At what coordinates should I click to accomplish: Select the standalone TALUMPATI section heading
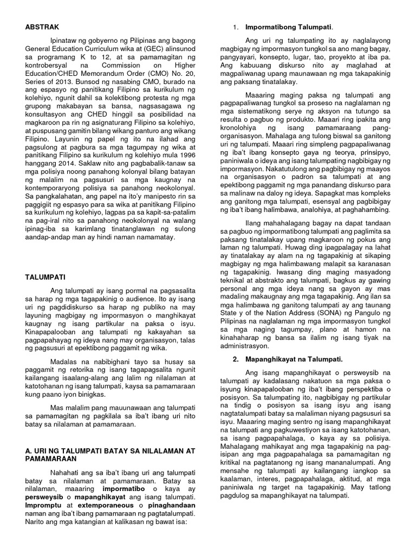[x=44, y=276]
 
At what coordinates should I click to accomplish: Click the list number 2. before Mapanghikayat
[x=235, y=359]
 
